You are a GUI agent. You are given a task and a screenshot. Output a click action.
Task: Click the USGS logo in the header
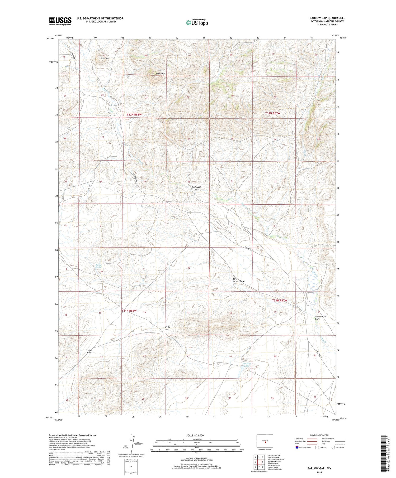60,21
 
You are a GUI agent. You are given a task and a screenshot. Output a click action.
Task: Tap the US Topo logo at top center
197,22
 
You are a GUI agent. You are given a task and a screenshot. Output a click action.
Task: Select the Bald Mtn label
105,58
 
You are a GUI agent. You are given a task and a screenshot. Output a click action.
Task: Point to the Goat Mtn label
160,74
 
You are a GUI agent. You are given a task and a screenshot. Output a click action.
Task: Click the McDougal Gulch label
196,188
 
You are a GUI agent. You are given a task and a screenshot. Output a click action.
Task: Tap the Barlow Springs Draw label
238,280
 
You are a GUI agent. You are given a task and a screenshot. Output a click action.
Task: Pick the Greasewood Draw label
320,317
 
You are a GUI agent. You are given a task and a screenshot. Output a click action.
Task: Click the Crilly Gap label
167,328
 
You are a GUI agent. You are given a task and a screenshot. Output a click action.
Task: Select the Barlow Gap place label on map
89,351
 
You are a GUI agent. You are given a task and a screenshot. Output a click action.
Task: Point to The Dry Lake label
247,365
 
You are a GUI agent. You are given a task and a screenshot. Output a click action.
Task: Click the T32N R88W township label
136,115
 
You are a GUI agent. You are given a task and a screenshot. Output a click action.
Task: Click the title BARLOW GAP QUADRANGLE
327,18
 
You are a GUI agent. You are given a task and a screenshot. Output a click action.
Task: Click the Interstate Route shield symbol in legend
297,447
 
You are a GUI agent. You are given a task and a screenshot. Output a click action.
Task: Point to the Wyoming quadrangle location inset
265,441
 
